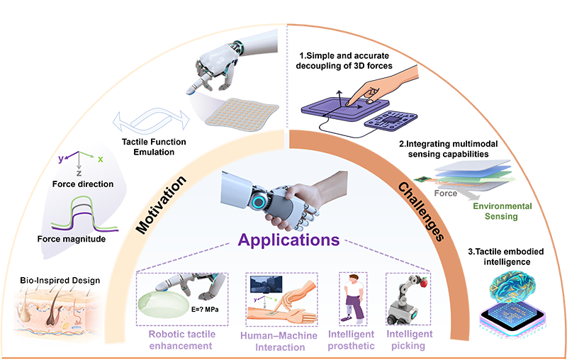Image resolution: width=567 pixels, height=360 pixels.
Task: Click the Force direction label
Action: pos(83,184)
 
